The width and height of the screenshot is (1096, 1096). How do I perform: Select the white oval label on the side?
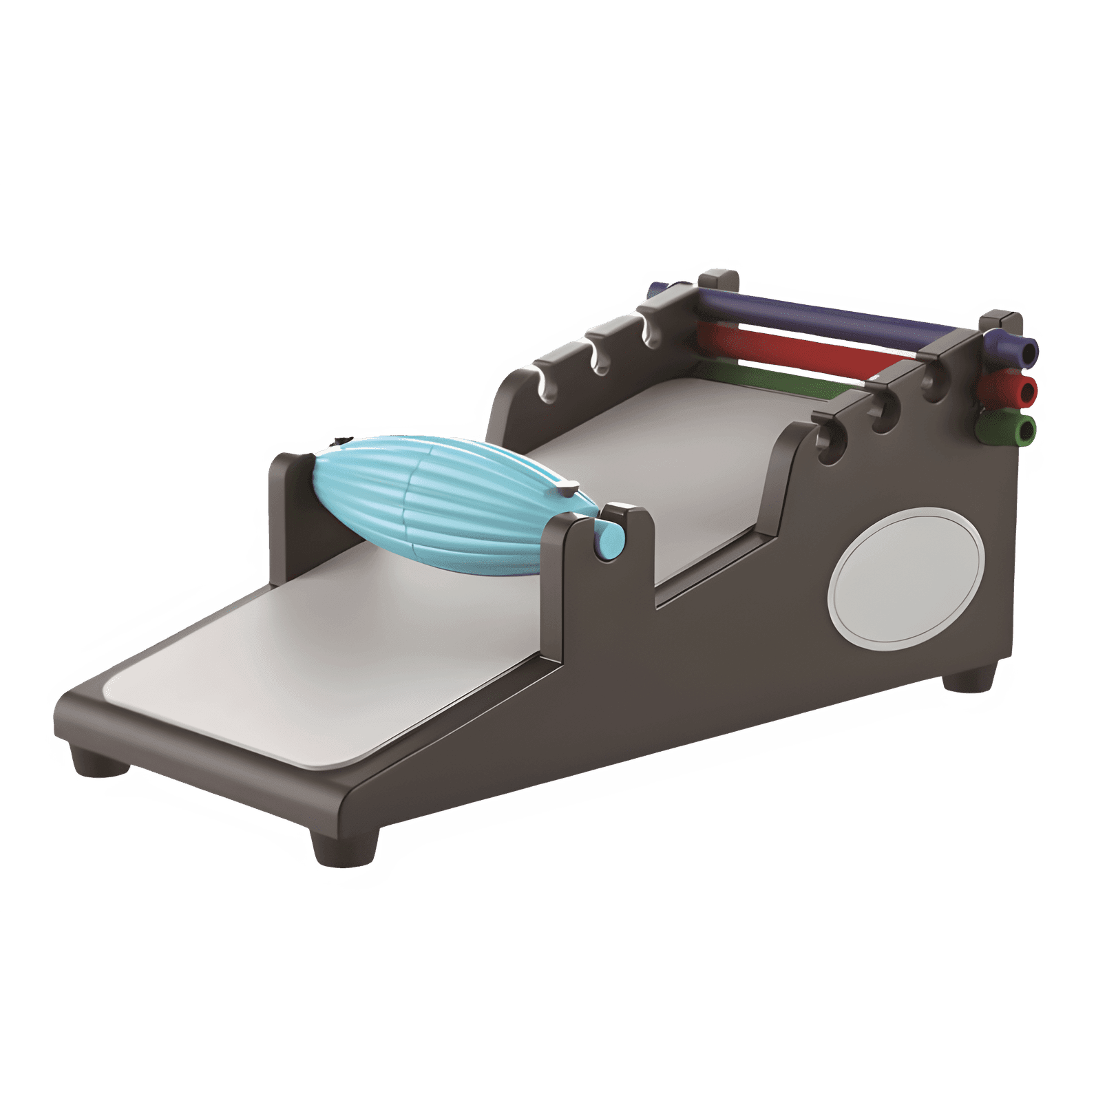905,578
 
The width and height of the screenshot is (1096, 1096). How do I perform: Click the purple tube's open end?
1028,351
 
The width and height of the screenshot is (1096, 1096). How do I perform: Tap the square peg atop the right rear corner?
1001,321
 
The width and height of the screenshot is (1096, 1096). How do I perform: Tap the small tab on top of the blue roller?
569,489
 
